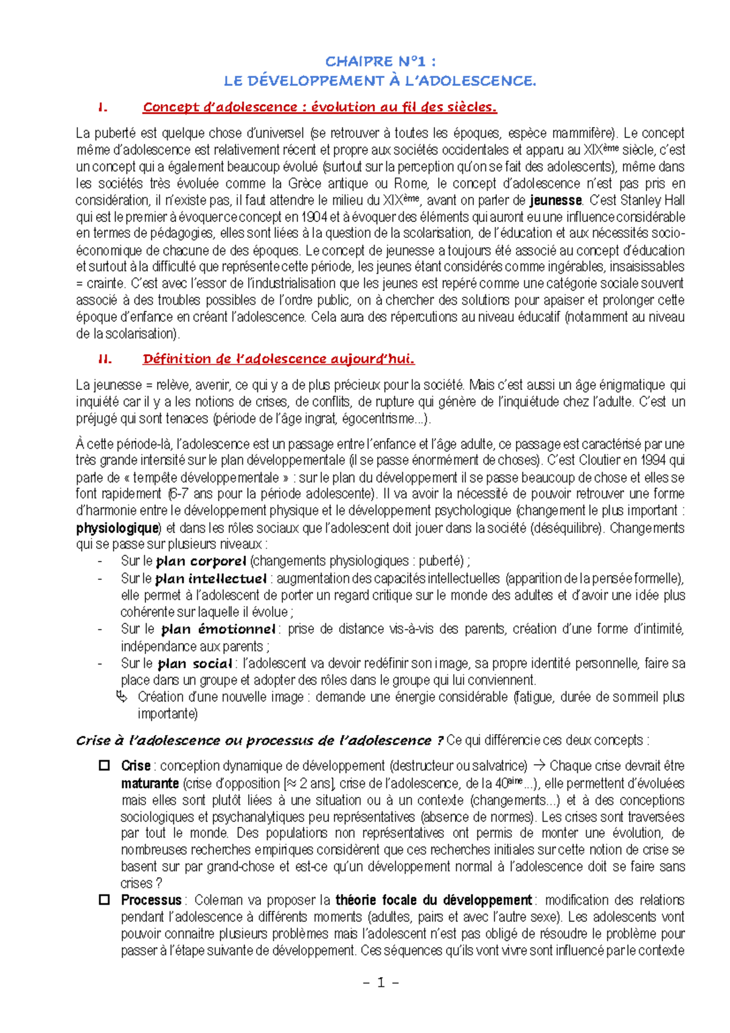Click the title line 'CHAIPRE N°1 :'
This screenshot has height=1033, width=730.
tap(380, 61)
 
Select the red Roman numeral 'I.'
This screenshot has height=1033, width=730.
tap(102, 108)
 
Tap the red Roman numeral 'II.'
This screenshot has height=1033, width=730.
tap(105, 359)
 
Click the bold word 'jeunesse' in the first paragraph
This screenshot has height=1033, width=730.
tap(555, 200)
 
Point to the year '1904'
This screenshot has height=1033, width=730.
tap(314, 217)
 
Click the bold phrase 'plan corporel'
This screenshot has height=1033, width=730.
tap(201, 561)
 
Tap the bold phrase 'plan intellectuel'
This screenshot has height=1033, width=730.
tap(210, 578)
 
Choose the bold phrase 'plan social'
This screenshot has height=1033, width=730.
tap(195, 664)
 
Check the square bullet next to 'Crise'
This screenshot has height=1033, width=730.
tap(104, 765)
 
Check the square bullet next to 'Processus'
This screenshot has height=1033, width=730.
tap(104, 899)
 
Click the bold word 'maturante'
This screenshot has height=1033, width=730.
tap(150, 783)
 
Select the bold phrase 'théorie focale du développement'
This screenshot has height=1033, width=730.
tap(433, 900)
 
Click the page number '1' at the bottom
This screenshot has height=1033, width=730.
tap(381, 982)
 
